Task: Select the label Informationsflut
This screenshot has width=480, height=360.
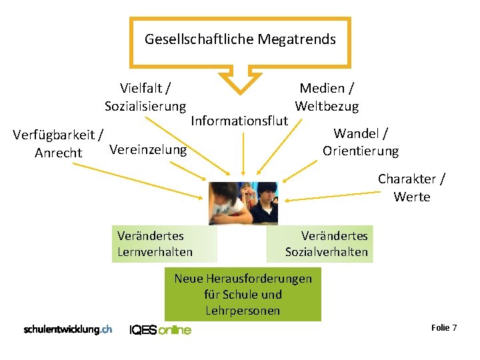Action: click(239, 121)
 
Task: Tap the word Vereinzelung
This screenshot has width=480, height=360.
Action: click(147, 149)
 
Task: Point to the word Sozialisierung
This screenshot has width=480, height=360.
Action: click(145, 107)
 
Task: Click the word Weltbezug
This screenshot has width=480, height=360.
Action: click(327, 106)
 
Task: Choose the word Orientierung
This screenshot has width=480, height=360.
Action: click(361, 151)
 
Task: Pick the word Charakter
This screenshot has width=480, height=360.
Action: click(407, 179)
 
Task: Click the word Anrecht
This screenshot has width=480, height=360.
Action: click(59, 153)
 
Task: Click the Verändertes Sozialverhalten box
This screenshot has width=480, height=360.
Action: click(320, 243)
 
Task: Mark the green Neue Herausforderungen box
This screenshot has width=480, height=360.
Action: click(243, 294)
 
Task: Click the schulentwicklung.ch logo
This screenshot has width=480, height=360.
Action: click(67, 329)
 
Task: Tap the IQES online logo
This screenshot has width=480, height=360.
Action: click(160, 329)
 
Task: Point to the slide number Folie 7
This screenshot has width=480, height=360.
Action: click(444, 327)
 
